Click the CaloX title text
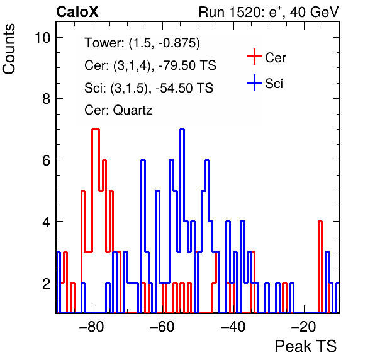coord(77,12)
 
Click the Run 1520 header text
coord(269,12)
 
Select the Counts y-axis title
coord(9,49)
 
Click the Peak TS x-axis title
coord(306,346)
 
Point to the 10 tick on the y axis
coord(42,38)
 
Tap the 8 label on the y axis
coord(46,99)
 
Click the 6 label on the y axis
coord(46,160)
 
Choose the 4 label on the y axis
coord(46,222)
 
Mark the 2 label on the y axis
coord(46,283)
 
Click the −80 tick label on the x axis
coord(92,326)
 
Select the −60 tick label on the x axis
coord(162,326)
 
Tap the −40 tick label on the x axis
coord(233,326)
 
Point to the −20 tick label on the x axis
coord(304,326)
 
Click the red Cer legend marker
coord(254,57)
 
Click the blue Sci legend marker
coord(254,82)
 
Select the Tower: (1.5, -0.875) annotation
coord(142,43)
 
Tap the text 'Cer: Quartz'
coord(118,110)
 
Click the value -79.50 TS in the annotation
coord(187,65)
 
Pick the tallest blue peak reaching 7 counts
coord(182,130)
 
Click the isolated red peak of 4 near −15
coord(320,222)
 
